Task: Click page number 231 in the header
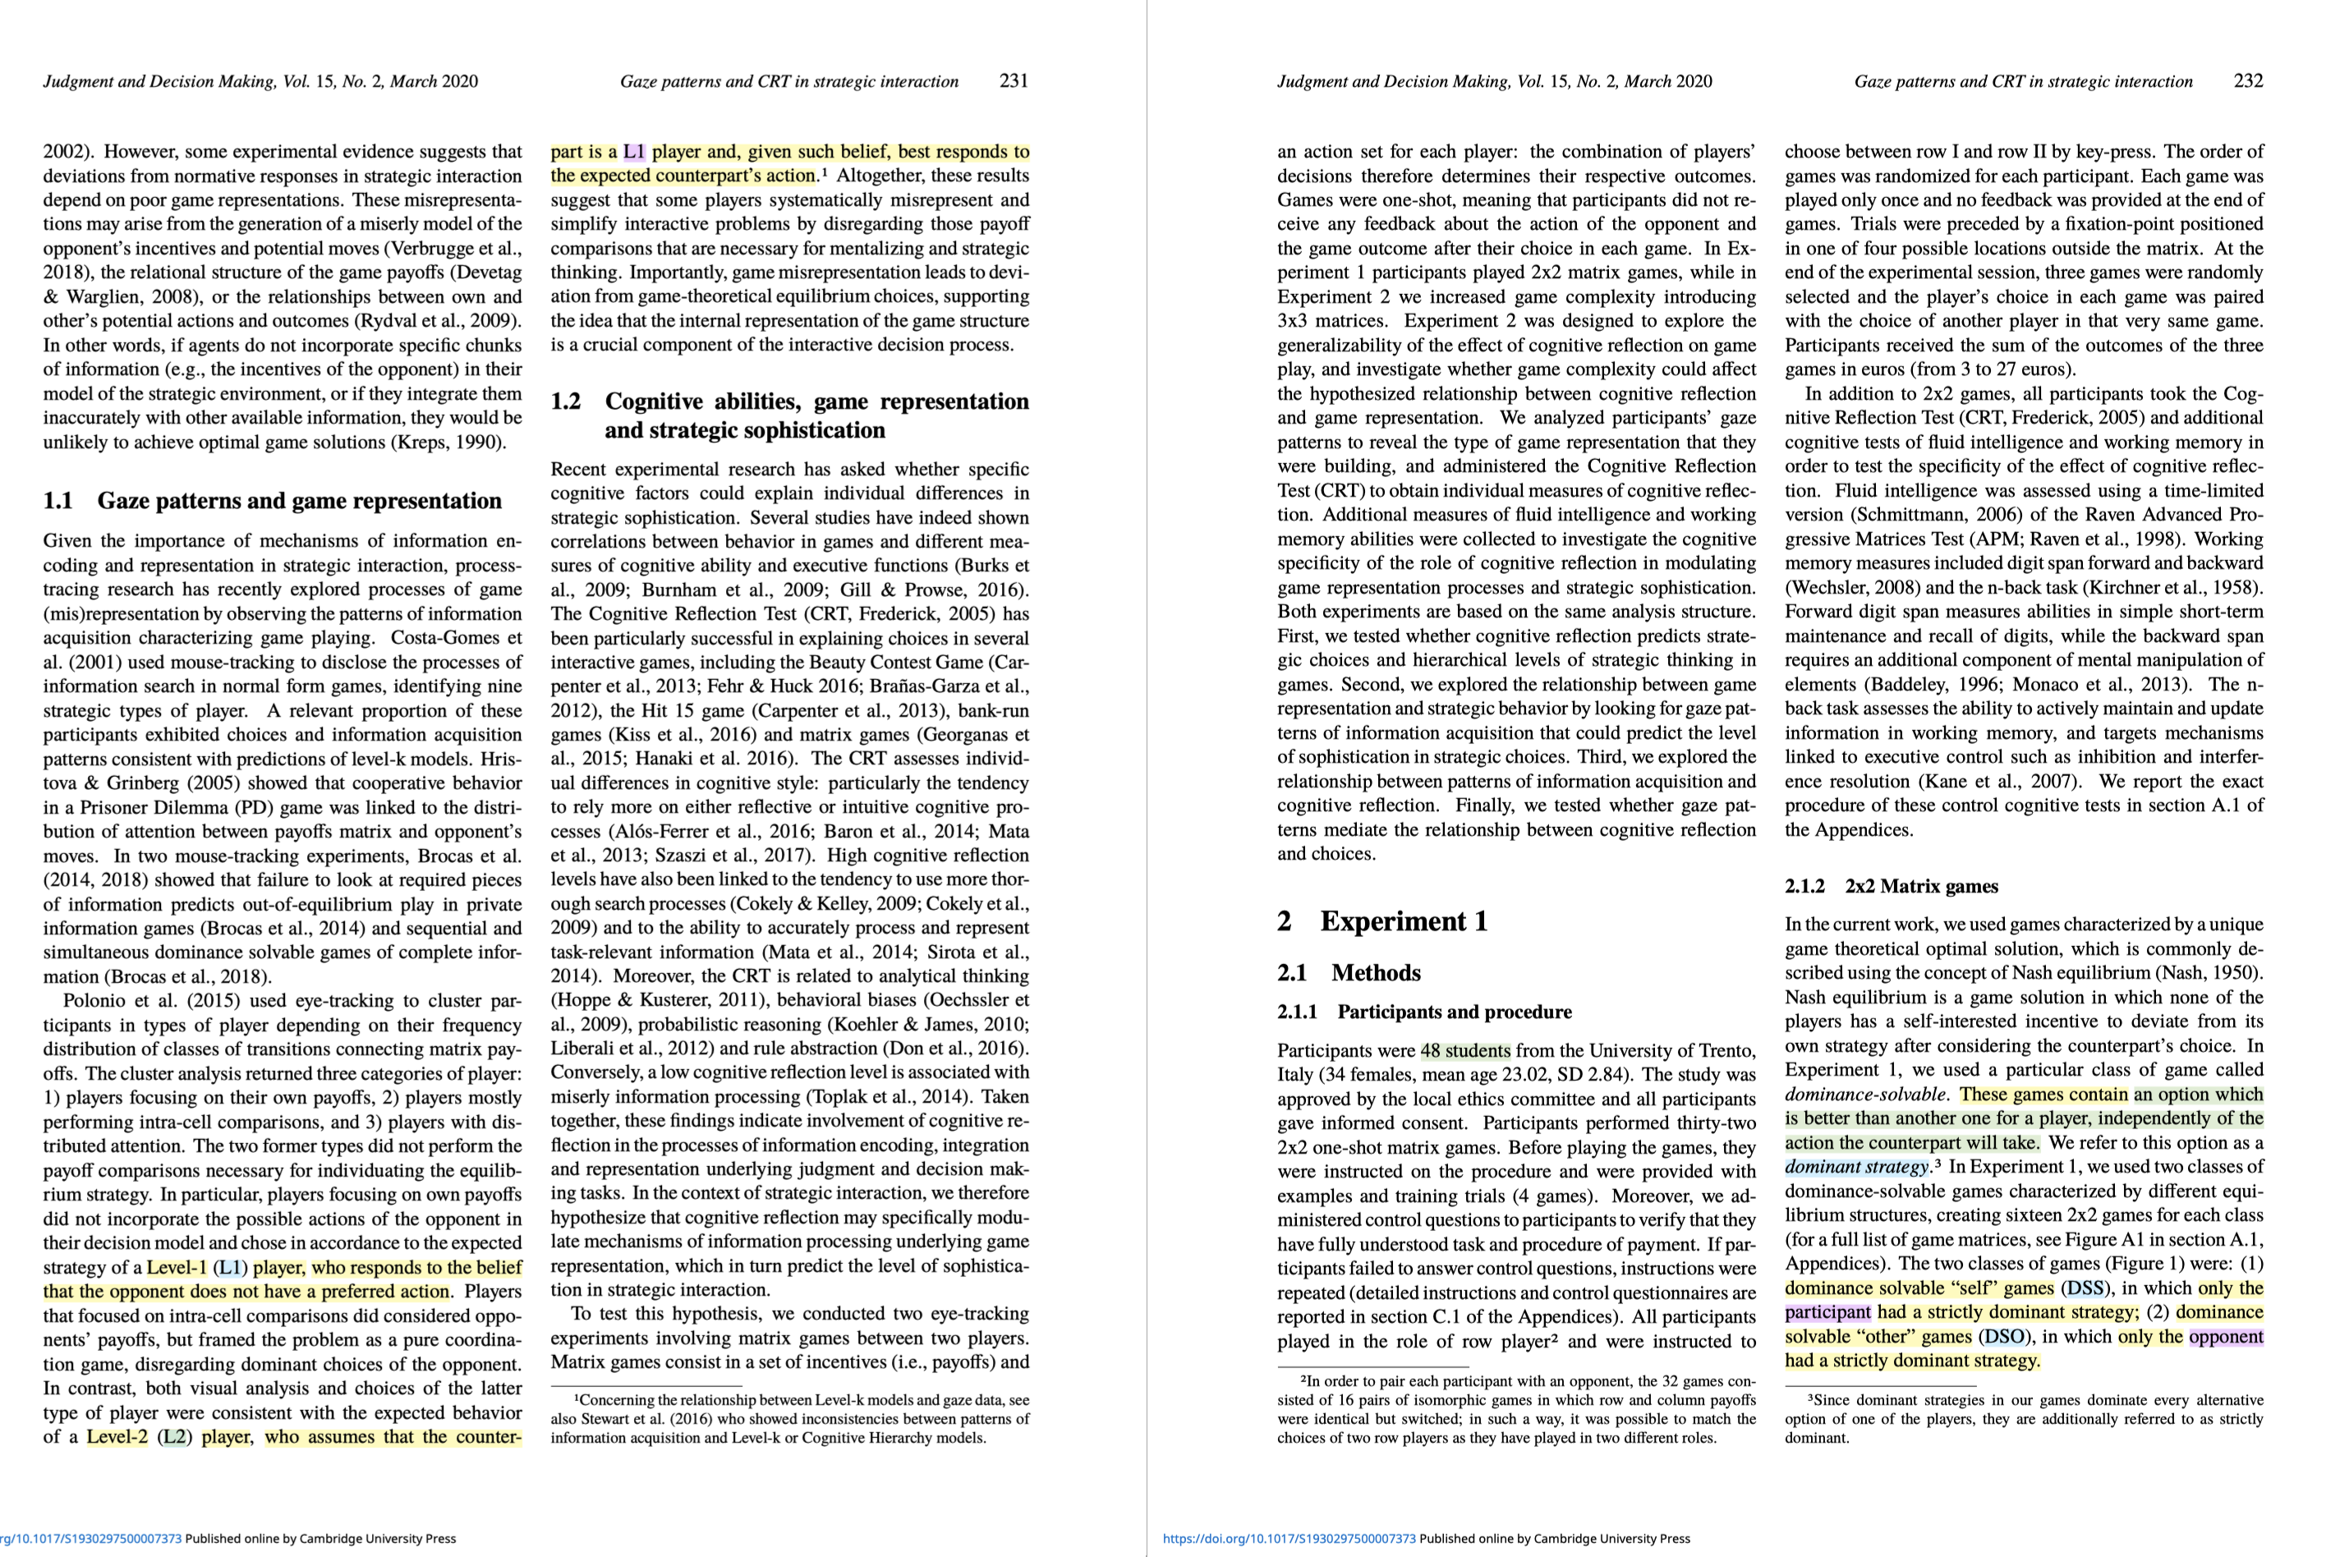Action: point(1013,80)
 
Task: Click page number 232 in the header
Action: point(2247,80)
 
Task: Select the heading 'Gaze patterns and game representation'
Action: point(299,500)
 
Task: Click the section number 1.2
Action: point(565,402)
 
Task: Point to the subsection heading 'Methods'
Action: point(1376,972)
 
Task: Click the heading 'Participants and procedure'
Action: point(1454,1012)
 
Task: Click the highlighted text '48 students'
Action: point(1465,1050)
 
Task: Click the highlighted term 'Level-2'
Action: point(117,1437)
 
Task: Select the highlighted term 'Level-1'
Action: point(176,1267)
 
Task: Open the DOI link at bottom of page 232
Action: point(1289,1539)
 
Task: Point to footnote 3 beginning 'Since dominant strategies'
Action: point(2023,1418)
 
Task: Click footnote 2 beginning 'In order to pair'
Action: point(1515,1409)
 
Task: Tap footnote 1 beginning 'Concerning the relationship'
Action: point(789,1419)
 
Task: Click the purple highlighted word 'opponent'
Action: point(2226,1337)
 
